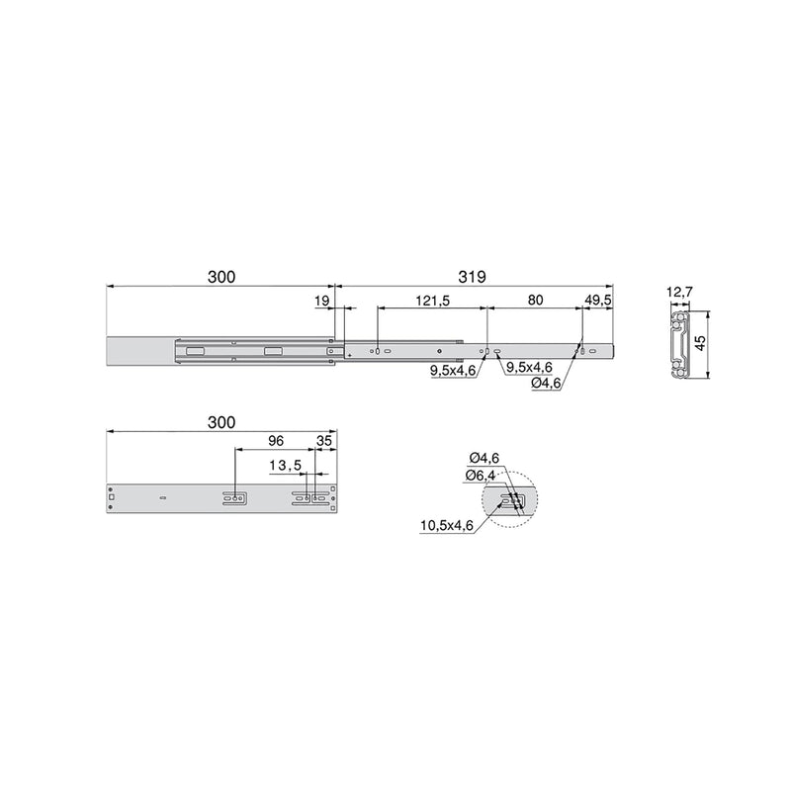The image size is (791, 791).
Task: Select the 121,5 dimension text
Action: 431,300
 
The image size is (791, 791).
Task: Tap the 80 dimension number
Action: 535,300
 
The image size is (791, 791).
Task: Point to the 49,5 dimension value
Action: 599,300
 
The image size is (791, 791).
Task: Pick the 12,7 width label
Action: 680,293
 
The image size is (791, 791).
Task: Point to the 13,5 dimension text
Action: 285,464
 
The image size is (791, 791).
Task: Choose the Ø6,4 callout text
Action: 483,476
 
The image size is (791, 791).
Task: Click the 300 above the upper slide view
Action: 220,279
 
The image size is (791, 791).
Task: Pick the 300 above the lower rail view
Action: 220,422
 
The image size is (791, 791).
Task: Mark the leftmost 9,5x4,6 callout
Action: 454,370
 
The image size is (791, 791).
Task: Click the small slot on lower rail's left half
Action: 161,497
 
